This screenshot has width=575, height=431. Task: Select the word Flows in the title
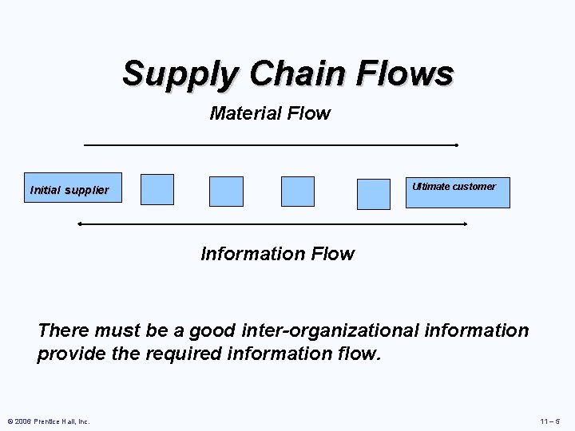[406, 73]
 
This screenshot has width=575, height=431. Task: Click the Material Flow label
[270, 113]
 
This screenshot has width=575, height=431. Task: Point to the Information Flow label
[277, 254]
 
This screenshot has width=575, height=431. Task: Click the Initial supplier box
[73, 188]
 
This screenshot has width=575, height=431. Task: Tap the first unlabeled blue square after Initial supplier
[157, 189]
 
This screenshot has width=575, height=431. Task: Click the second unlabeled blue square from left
[226, 192]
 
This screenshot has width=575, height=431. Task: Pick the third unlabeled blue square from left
[298, 192]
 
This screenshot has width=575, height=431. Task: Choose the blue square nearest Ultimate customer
[374, 194]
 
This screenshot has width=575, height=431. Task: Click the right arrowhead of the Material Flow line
[455, 145]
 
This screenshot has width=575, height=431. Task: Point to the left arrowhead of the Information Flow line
[79, 224]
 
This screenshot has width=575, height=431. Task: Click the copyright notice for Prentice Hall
[49, 421]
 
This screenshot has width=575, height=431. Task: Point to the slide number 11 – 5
[550, 421]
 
